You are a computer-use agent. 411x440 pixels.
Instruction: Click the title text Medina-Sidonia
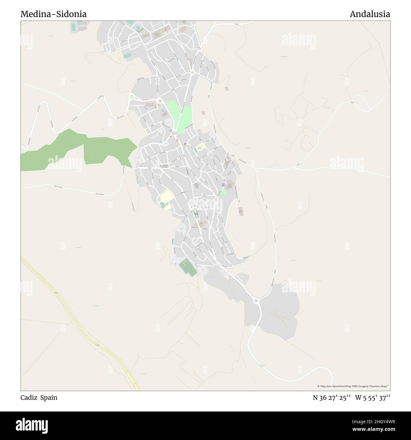point(54,14)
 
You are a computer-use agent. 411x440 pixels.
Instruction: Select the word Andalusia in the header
point(370,14)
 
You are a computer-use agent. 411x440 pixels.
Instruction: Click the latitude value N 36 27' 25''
point(331,398)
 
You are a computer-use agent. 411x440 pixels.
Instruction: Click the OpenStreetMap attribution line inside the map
point(353,386)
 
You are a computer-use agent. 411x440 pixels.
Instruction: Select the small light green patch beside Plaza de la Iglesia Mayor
point(223,192)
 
